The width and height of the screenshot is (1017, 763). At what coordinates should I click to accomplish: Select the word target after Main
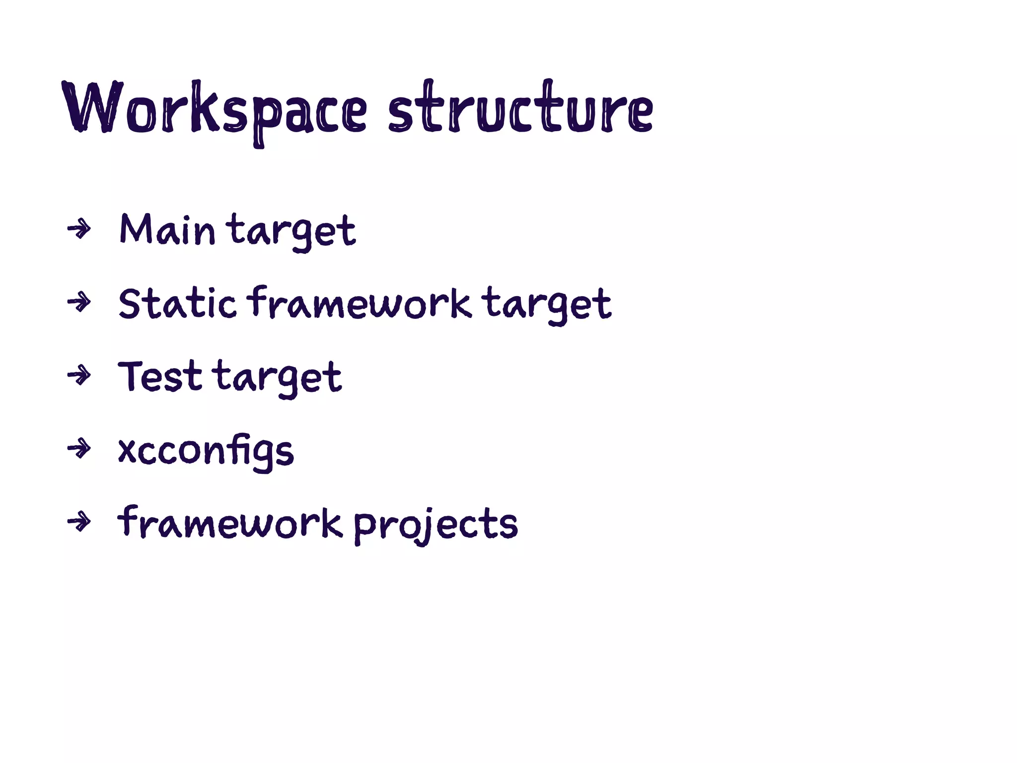pos(291,231)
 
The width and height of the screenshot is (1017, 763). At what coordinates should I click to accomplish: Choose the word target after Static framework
pos(547,304)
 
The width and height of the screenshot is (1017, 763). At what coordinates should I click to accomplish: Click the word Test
pos(160,377)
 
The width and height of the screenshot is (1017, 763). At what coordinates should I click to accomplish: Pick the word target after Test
pos(279,378)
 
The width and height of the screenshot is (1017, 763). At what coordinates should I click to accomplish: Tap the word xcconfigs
pos(206,451)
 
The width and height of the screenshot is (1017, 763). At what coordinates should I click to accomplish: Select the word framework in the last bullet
pos(230,523)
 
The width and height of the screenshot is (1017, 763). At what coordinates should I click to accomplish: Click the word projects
pos(436,524)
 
